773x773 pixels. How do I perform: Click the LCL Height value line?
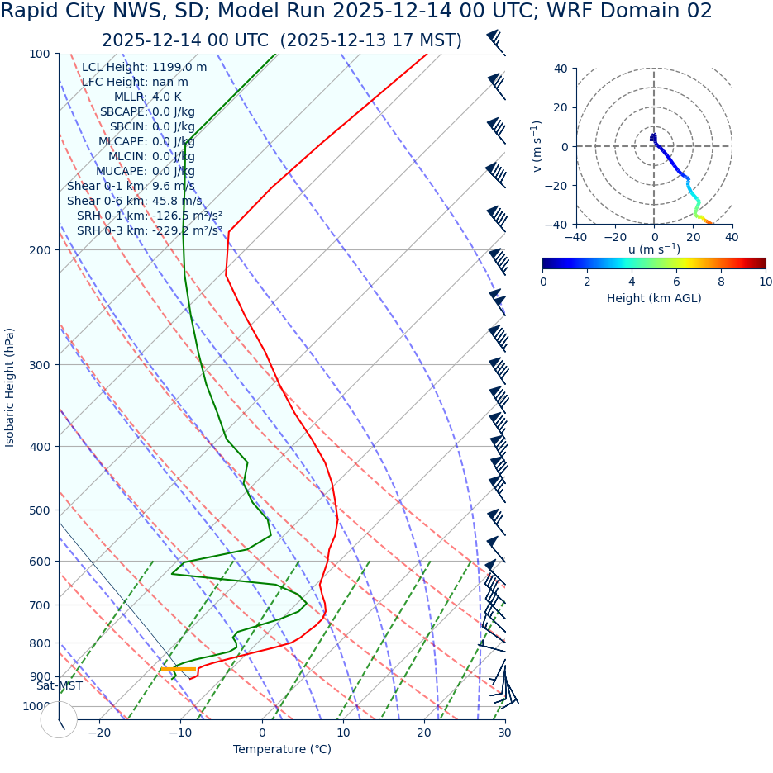pyautogui.click(x=145, y=67)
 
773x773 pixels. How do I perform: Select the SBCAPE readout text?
pyautogui.click(x=147, y=111)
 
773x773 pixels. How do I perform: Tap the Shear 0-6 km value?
pyautogui.click(x=134, y=201)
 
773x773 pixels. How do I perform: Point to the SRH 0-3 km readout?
pyautogui.click(x=149, y=230)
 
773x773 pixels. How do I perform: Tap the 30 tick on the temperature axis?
pyautogui.click(x=504, y=733)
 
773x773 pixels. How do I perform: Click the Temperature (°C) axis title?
pyautogui.click(x=282, y=750)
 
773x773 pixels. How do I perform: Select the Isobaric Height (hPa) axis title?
pyautogui.click(x=10, y=387)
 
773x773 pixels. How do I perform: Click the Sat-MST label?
pyautogui.click(x=59, y=685)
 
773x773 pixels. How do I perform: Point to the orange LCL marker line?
pyautogui.click(x=179, y=668)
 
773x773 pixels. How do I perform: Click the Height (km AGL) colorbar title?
pyautogui.click(x=654, y=298)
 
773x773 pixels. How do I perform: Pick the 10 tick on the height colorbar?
pyautogui.click(x=766, y=282)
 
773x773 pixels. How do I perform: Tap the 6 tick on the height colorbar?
pyautogui.click(x=676, y=282)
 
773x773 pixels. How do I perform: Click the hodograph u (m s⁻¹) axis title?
pyautogui.click(x=654, y=249)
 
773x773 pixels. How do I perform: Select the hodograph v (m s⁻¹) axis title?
pyautogui.click(x=537, y=146)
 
